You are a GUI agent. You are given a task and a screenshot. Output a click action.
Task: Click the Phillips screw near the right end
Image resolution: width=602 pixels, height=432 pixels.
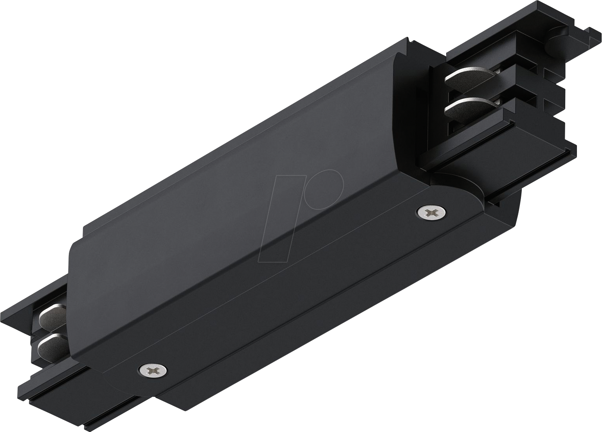[x=431, y=212]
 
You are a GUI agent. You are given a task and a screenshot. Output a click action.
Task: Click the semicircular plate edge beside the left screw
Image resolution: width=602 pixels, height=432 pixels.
[x=117, y=376]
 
